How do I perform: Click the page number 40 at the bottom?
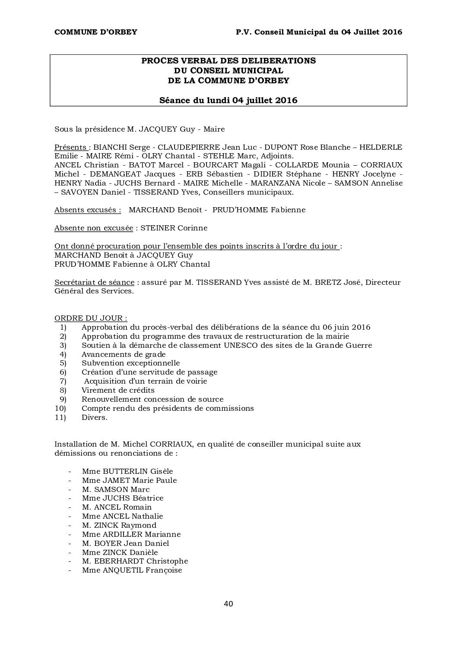228,604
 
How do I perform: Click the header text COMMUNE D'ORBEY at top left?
95,32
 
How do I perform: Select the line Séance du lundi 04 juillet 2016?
228,101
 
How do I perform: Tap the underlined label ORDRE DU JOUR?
90,318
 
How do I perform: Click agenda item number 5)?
63,363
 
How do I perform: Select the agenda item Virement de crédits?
118,390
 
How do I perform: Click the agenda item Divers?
94,417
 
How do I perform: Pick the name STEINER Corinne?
174,228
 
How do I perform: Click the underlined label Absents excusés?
87,210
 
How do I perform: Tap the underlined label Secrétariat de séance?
94,282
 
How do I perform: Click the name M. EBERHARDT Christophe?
135,561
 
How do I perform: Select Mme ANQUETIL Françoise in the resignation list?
132,570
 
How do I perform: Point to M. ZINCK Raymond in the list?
119,525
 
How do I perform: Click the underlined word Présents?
70,147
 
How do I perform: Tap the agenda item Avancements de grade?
124,354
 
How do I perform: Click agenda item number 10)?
60,408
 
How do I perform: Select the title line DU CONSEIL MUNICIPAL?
228,70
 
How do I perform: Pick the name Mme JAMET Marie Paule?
129,480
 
